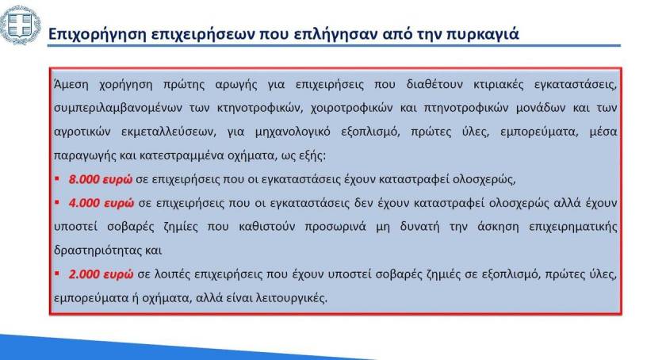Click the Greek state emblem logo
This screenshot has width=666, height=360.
pyautogui.click(x=20, y=25)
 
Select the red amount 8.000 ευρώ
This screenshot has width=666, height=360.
pyautogui.click(x=101, y=179)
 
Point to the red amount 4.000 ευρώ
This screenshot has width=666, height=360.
pyautogui.click(x=101, y=203)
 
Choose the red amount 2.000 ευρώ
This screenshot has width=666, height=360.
pyautogui.click(x=101, y=274)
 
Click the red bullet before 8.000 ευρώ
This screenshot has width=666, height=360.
pyautogui.click(x=57, y=179)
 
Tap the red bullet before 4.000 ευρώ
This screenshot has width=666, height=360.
pyautogui.click(x=57, y=203)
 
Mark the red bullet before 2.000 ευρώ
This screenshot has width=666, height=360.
pyautogui.click(x=57, y=274)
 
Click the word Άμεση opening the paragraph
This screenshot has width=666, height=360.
pyautogui.click(x=71, y=84)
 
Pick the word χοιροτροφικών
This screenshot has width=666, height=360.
pyautogui.click(x=352, y=109)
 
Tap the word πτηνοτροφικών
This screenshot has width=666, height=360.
pyautogui.click(x=466, y=109)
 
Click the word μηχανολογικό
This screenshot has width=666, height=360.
pyautogui.click(x=293, y=132)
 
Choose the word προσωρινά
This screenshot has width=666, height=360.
pyautogui.click(x=335, y=227)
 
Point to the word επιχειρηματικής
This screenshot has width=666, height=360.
pyautogui.click(x=573, y=227)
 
